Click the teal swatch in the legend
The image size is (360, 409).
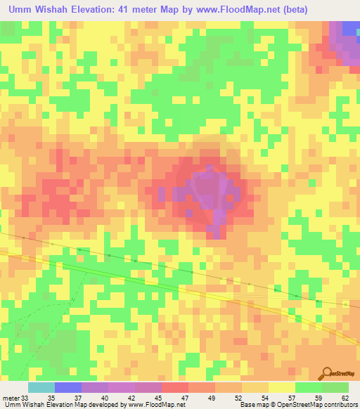tap(41, 387)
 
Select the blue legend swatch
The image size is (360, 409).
tap(68, 387)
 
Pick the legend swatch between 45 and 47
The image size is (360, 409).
tap(174, 387)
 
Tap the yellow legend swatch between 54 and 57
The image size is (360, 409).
tap(281, 387)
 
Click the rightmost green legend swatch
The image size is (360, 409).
tap(335, 387)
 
